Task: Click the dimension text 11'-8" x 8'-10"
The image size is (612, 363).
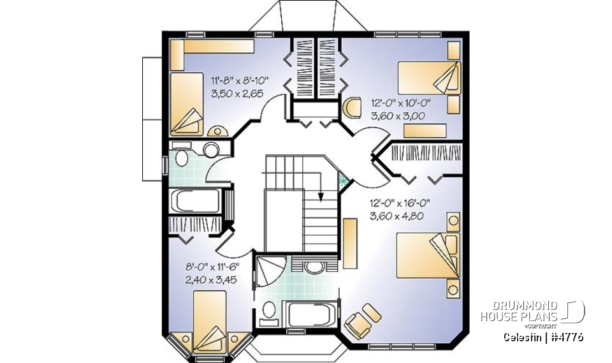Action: [240, 80]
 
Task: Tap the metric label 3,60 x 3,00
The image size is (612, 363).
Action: [398, 115]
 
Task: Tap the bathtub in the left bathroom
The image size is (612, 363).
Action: [195, 202]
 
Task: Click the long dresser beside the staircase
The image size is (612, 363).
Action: [349, 242]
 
